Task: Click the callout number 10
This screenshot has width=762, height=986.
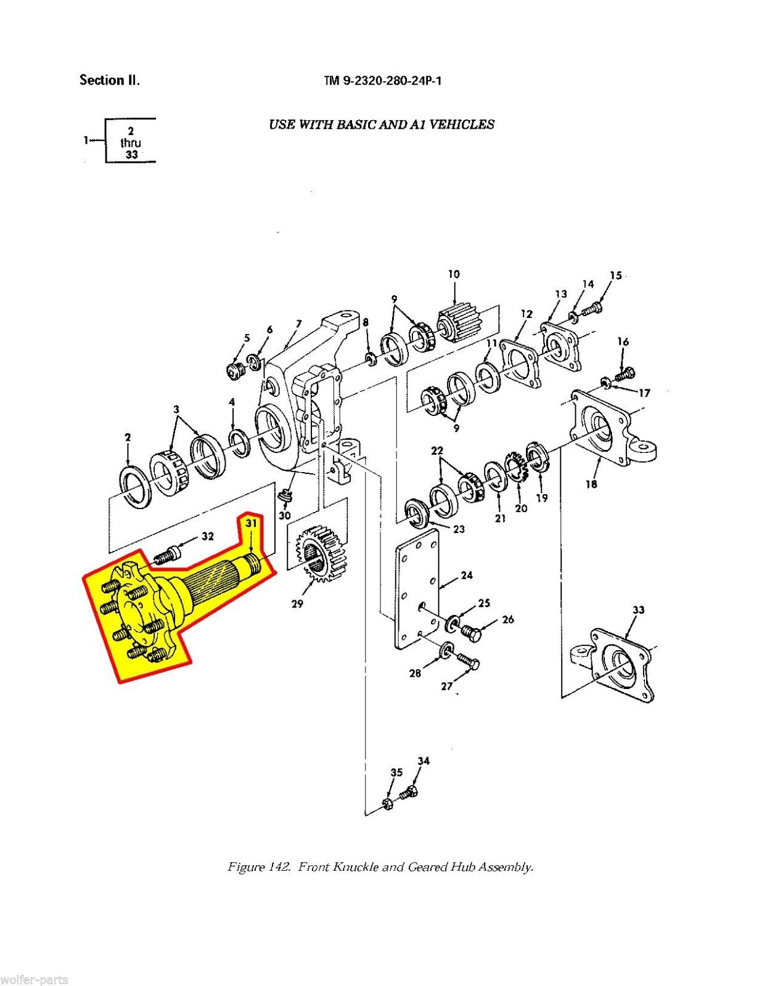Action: [x=454, y=274]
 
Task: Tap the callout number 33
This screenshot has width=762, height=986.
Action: [x=638, y=609]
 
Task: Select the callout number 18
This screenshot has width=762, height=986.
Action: [x=591, y=484]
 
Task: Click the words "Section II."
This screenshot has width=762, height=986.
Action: [x=109, y=80]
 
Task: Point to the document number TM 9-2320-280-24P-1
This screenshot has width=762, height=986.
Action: [x=382, y=81]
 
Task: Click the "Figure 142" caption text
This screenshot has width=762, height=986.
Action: [x=380, y=867]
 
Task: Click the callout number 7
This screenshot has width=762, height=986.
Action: [x=299, y=324]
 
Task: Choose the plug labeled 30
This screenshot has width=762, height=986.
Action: [x=285, y=496]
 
